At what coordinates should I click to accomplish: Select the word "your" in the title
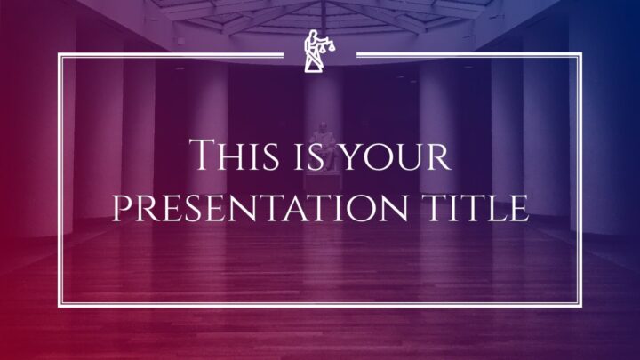click(396, 156)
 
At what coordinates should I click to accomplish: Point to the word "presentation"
click(260, 208)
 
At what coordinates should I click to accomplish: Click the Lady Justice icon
click(320, 52)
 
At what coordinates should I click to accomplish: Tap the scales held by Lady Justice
click(327, 45)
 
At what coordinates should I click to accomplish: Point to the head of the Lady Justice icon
click(314, 34)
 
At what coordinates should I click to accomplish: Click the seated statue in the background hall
click(323, 146)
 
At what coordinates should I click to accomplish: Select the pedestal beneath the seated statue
click(323, 181)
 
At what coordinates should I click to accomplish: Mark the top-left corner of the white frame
click(59, 53)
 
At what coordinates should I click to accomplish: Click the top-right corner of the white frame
click(581, 53)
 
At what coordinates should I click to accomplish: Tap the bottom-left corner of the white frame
click(59, 306)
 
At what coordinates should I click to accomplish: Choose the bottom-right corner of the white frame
click(581, 306)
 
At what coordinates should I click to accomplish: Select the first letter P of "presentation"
click(122, 208)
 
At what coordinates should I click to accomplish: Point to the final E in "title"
click(519, 208)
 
